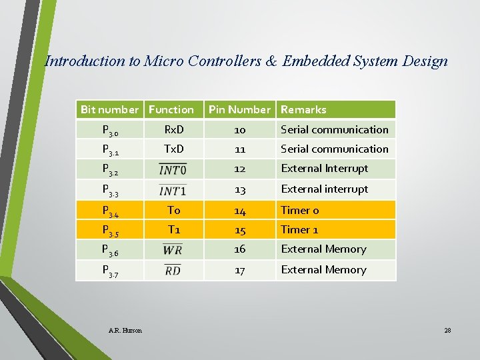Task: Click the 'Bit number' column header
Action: point(110,109)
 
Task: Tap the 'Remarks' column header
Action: point(303,109)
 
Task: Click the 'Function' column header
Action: point(171,109)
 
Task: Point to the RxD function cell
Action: point(173,129)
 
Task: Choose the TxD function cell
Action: point(173,149)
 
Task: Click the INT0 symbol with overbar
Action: point(173,169)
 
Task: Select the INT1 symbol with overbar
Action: point(173,189)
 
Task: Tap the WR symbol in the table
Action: point(173,249)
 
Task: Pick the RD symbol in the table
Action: point(173,270)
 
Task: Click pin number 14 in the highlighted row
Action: point(240,210)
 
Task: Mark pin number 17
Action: point(240,269)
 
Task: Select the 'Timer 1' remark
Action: point(299,229)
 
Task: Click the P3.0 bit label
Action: point(111,131)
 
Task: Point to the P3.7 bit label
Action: point(111,271)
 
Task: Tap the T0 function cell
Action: point(173,210)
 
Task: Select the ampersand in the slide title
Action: point(271,61)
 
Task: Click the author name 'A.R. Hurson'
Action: point(125,330)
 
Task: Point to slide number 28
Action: point(447,330)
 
